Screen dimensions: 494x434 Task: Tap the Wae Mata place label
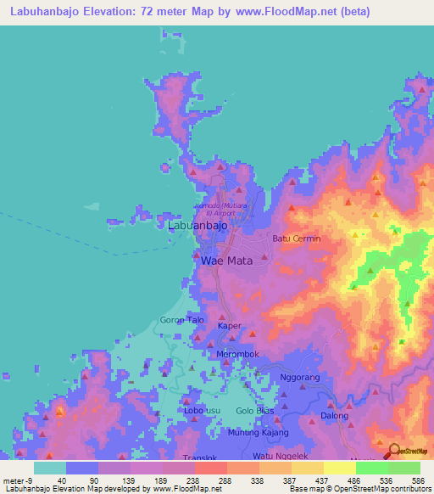(224, 261)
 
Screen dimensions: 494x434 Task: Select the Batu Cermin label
(296, 239)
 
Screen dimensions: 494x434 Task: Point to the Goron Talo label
(182, 320)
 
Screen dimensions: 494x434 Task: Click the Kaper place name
(230, 326)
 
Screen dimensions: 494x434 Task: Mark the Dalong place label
(334, 416)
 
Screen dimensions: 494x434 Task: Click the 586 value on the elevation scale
(416, 480)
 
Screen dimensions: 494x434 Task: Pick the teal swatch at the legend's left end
(50, 468)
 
